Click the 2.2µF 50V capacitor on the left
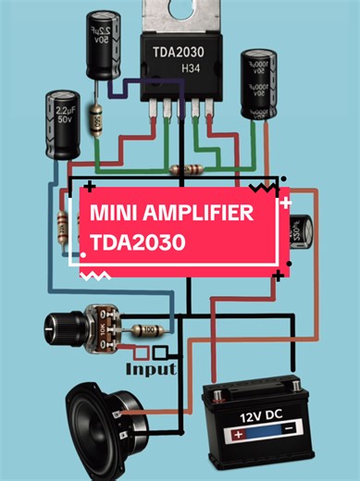coord(62,124)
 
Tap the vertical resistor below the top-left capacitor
coord(95,120)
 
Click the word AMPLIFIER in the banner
coord(193,214)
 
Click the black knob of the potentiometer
coord(61,326)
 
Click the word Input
coord(151,369)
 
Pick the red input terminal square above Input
coord(141,352)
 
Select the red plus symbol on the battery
coord(239,433)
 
